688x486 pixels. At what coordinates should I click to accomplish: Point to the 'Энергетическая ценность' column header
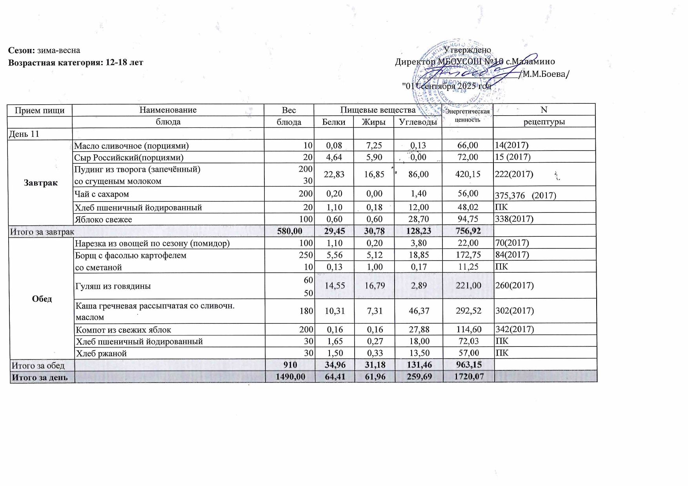tap(467, 116)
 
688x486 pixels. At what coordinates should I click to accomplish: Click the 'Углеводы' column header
tap(418, 122)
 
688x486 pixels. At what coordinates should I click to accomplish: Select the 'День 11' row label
tap(24, 134)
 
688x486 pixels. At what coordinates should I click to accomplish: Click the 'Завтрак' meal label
tap(41, 183)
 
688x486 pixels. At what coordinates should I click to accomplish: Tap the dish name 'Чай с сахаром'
tap(102, 194)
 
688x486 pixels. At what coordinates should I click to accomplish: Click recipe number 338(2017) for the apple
tap(514, 219)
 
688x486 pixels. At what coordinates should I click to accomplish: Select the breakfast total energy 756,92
tap(468, 231)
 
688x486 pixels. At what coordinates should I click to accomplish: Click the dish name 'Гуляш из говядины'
tap(113, 286)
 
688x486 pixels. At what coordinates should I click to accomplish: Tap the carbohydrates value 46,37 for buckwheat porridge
tap(419, 311)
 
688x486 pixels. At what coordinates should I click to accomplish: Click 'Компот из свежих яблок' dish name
tap(123, 330)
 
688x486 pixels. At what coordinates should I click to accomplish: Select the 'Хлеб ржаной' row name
tap(101, 354)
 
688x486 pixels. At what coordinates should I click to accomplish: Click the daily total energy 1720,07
tap(468, 377)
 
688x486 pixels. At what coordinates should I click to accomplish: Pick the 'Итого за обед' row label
tap(38, 366)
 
